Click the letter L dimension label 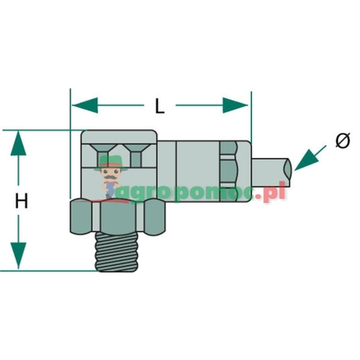point(161,105)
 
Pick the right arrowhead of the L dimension point(241,105)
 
